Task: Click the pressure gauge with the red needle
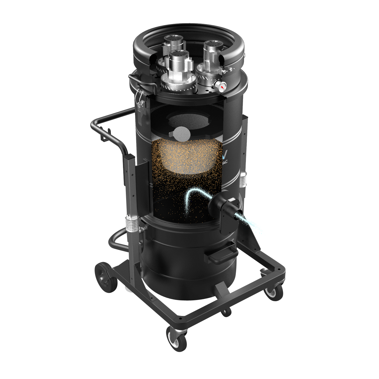tap(221, 86)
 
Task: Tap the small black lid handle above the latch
tap(138, 78)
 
